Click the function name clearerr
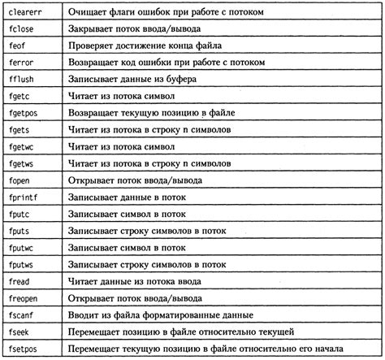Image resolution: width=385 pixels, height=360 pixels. [28, 11]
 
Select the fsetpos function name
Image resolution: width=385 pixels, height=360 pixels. [25, 351]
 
